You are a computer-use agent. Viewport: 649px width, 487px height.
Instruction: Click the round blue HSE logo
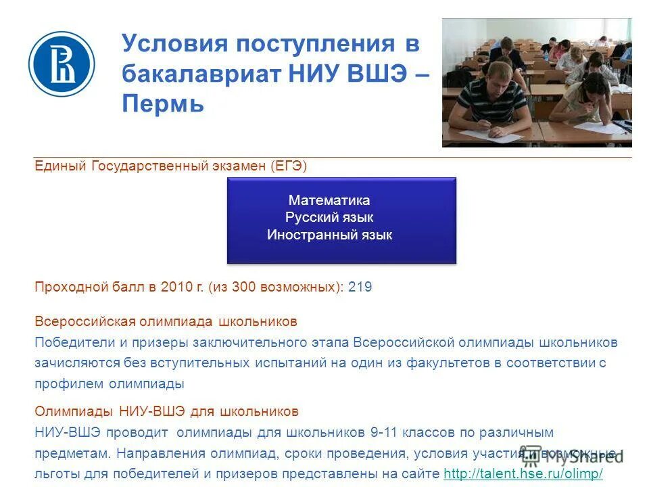click(62, 64)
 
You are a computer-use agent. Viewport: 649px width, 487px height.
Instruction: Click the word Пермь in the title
click(163, 105)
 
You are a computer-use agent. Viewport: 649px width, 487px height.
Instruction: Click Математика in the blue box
click(329, 200)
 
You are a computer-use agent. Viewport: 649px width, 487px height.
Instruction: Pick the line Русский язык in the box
click(329, 218)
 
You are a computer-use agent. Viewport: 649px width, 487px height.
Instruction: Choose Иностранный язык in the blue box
click(329, 235)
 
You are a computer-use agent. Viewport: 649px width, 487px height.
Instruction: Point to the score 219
click(360, 287)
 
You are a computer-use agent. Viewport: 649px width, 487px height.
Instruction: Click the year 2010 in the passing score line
click(176, 287)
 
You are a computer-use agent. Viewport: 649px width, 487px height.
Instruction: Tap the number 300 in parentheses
click(243, 287)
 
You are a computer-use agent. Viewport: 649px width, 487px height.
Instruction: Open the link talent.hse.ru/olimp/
click(523, 473)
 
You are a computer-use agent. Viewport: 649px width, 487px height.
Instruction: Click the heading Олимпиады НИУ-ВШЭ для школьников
click(166, 411)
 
